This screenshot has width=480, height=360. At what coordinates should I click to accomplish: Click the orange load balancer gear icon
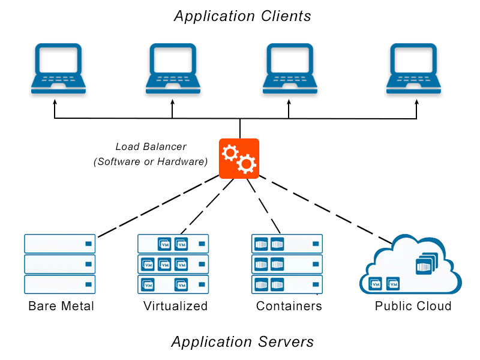[239, 158]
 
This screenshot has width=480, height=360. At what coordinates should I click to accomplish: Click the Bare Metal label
[61, 306]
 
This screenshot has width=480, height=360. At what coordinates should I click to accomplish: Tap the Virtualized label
[175, 306]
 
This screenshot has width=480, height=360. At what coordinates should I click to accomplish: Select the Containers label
[289, 306]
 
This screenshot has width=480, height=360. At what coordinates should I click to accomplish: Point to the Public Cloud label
[413, 306]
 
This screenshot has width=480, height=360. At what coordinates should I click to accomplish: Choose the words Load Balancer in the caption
[151, 146]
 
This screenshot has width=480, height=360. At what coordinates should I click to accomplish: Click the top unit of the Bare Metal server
[60, 244]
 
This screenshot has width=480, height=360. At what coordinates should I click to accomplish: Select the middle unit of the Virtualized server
[173, 264]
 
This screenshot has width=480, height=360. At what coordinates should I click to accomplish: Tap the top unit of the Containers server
[287, 244]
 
